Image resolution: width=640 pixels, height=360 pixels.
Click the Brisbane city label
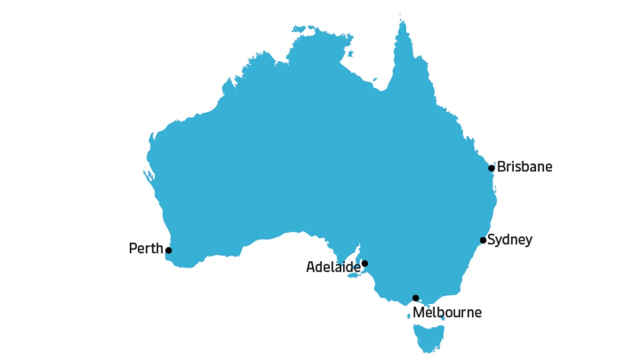[x=524, y=166]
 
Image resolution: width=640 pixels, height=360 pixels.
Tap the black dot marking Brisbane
[x=491, y=168]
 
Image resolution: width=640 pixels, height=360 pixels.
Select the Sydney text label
[x=509, y=240]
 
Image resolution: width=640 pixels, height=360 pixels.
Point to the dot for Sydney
[x=483, y=240]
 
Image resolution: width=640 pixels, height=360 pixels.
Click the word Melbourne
[x=447, y=313]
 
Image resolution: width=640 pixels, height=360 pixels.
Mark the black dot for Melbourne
[x=415, y=298]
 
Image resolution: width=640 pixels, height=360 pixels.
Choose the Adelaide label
[x=333, y=267]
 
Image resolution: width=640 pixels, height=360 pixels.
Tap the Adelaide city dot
[x=364, y=263]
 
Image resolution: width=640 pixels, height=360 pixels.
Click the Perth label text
[x=146, y=248]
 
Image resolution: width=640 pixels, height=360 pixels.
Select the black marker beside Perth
[x=168, y=250]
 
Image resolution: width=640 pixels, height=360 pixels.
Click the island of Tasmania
[x=428, y=336]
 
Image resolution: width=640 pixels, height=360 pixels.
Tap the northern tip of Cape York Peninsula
[x=402, y=22]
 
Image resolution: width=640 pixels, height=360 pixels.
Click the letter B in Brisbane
[x=501, y=166]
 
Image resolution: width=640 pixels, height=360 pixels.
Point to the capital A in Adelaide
[x=310, y=267]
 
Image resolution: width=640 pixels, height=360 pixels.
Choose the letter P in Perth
[x=132, y=248]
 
